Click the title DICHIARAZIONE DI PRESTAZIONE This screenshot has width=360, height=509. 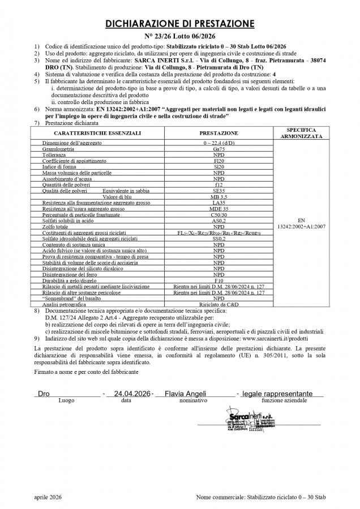tap(179, 24)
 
